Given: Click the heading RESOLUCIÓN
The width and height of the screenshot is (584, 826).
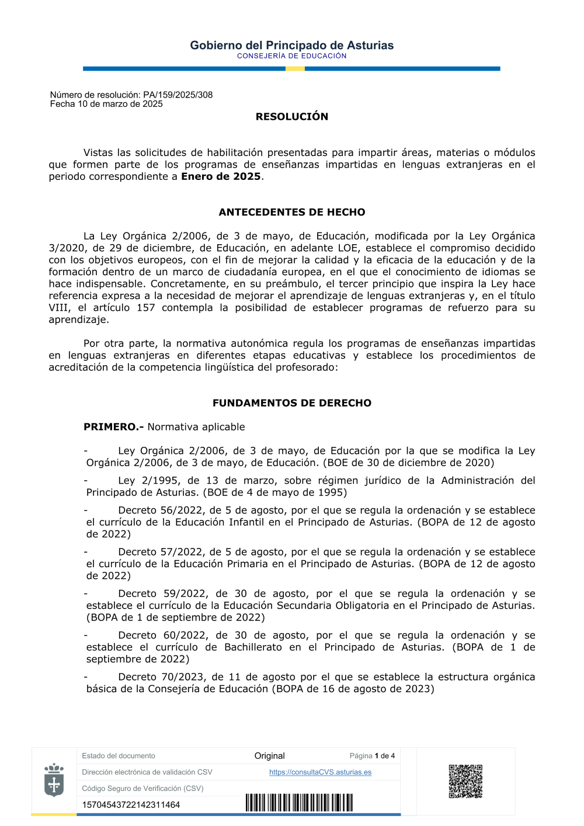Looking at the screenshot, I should tap(292, 117).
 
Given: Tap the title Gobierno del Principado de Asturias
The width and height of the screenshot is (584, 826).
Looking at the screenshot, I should tap(292, 46).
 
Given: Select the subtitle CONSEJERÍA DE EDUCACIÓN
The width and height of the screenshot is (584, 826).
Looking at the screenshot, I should tap(292, 56).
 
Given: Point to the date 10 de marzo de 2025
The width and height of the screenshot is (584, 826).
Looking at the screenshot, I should tap(120, 104).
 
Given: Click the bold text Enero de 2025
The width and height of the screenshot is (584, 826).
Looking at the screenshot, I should tap(221, 176).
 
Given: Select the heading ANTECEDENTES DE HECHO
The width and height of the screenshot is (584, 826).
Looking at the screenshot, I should tap(292, 212).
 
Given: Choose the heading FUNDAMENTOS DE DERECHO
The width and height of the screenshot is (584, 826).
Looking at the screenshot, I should tap(292, 403).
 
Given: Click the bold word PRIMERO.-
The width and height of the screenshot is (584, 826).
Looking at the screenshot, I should tap(113, 427).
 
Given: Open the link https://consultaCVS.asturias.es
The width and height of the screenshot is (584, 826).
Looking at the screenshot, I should tap(320, 772).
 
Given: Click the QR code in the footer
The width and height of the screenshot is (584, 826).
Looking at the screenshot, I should tap(465, 781).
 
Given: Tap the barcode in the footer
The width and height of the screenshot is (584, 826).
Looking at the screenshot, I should tap(299, 803).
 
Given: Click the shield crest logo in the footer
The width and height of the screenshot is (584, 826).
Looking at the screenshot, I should tap(54, 780).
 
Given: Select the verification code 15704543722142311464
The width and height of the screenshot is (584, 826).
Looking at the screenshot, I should tap(131, 805).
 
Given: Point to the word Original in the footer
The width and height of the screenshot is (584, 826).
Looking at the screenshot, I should tap(269, 756).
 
